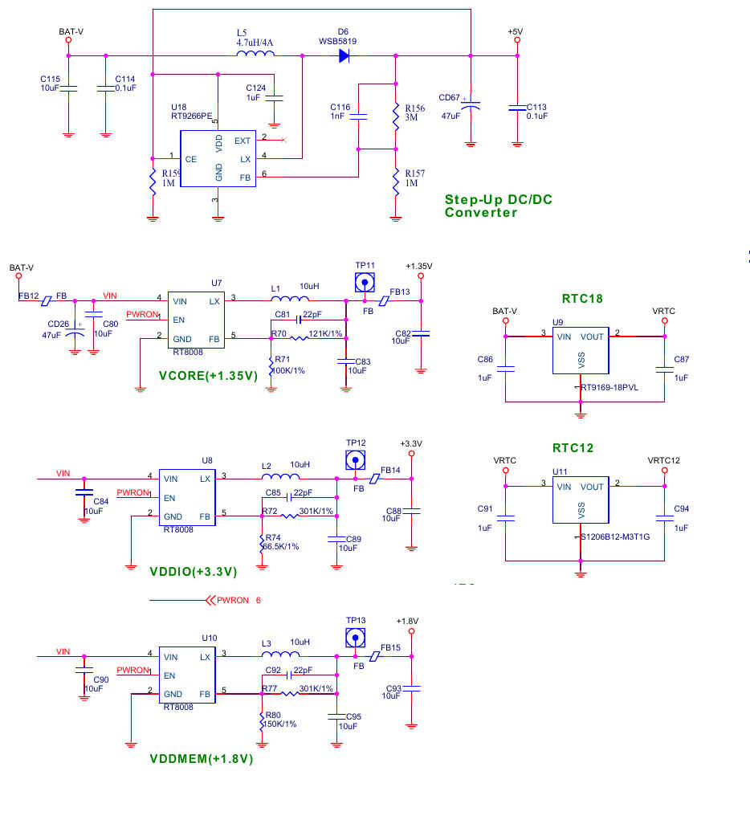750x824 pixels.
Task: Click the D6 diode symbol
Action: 344,55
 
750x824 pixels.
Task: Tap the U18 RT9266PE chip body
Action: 218,159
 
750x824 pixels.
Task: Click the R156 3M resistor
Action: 395,116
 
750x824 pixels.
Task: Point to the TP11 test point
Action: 365,283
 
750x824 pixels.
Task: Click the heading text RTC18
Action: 583,299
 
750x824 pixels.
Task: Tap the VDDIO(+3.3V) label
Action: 194,572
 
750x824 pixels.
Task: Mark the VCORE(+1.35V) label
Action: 208,375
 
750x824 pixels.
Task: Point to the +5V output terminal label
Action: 516,31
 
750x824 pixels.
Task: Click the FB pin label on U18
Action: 244,177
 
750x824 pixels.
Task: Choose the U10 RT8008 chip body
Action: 187,675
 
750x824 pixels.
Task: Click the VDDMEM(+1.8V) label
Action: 202,758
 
